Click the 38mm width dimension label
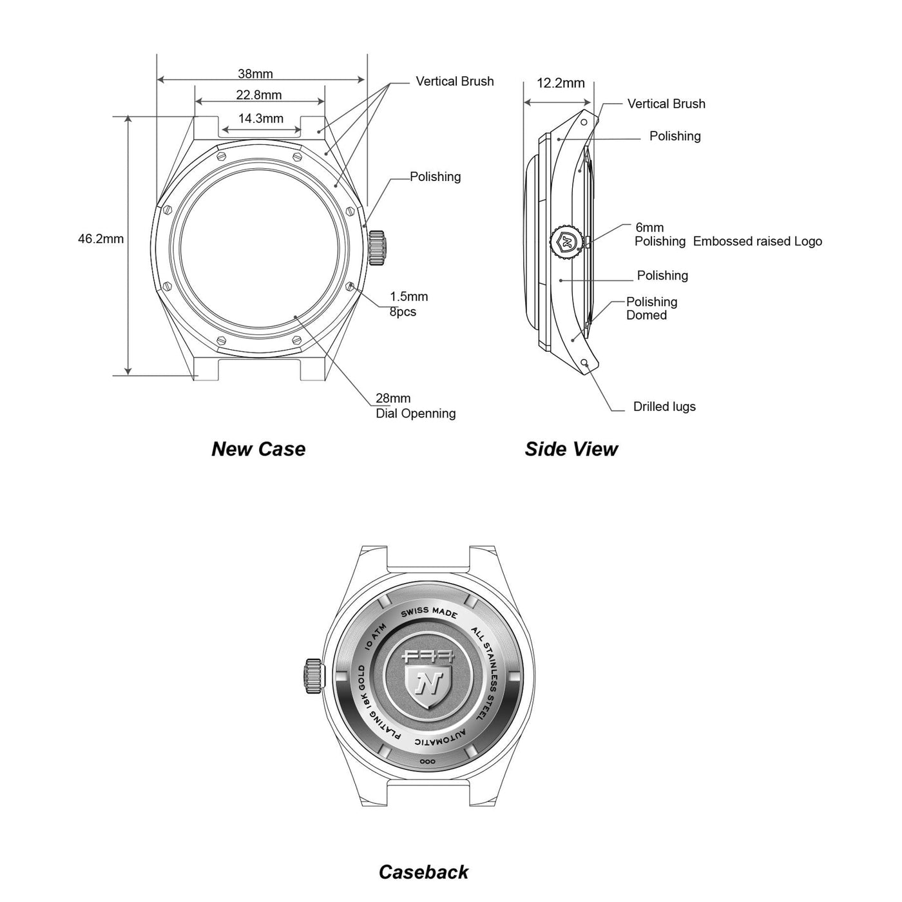coord(255,73)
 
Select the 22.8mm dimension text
coord(258,95)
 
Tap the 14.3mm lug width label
coord(261,119)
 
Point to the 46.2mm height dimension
coord(101,239)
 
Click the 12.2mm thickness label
coord(561,83)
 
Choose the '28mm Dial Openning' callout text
coord(416,406)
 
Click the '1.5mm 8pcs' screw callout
coord(408,304)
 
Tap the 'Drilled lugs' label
coord(664,407)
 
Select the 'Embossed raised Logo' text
coord(758,242)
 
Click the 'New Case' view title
coord(258,449)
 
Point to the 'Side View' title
coord(571,449)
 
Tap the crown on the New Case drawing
coord(378,248)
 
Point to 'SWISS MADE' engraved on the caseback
coord(428,612)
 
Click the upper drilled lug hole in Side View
coord(584,122)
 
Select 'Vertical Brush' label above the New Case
coord(454,81)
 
